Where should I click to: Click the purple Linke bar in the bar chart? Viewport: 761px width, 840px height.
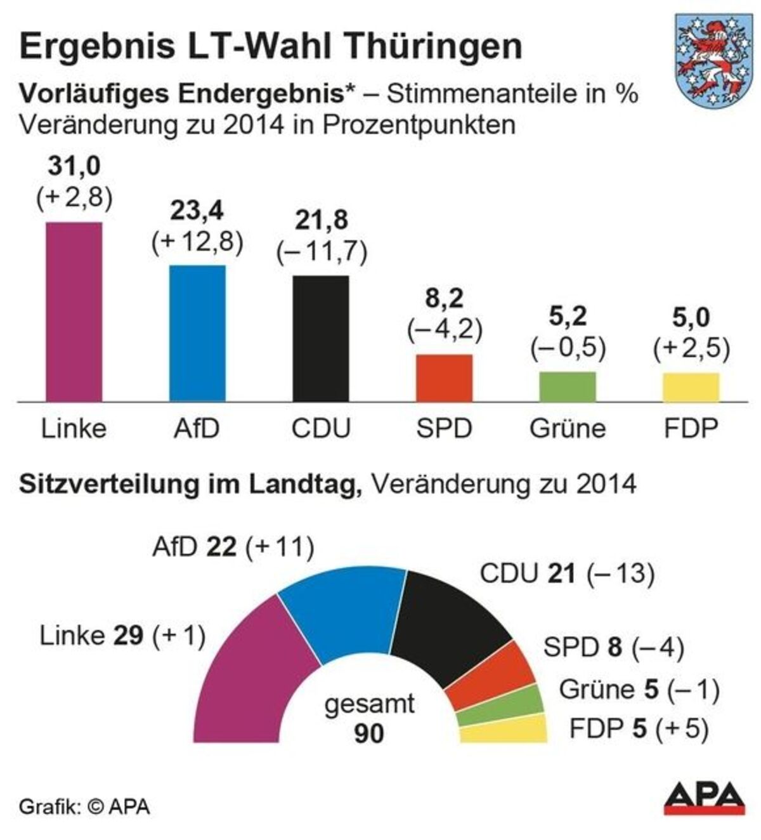coord(74,312)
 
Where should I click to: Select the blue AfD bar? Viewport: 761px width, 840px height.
coord(197,333)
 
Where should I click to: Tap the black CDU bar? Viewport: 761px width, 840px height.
coord(321,338)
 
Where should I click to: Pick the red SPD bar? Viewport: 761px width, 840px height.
coord(444,378)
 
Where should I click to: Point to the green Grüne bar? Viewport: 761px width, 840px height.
coord(568,386)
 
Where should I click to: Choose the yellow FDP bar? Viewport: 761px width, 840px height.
coord(691,387)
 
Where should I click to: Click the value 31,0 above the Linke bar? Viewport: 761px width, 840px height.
coord(74,167)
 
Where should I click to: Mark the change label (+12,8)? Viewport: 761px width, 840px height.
coord(198,242)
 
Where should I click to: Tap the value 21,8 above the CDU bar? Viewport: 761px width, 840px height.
coord(322,220)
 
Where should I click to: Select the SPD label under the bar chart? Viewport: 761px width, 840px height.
coord(444,429)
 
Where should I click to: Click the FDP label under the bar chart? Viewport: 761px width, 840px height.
coord(691,429)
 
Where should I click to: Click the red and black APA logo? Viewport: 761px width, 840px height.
coord(705,798)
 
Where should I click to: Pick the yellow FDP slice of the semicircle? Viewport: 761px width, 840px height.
coord(504,730)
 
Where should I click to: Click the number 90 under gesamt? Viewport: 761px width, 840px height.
coord(369,733)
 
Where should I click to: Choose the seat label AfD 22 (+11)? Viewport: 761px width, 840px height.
coord(233,547)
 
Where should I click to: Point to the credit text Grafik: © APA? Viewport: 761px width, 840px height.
coord(84,807)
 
